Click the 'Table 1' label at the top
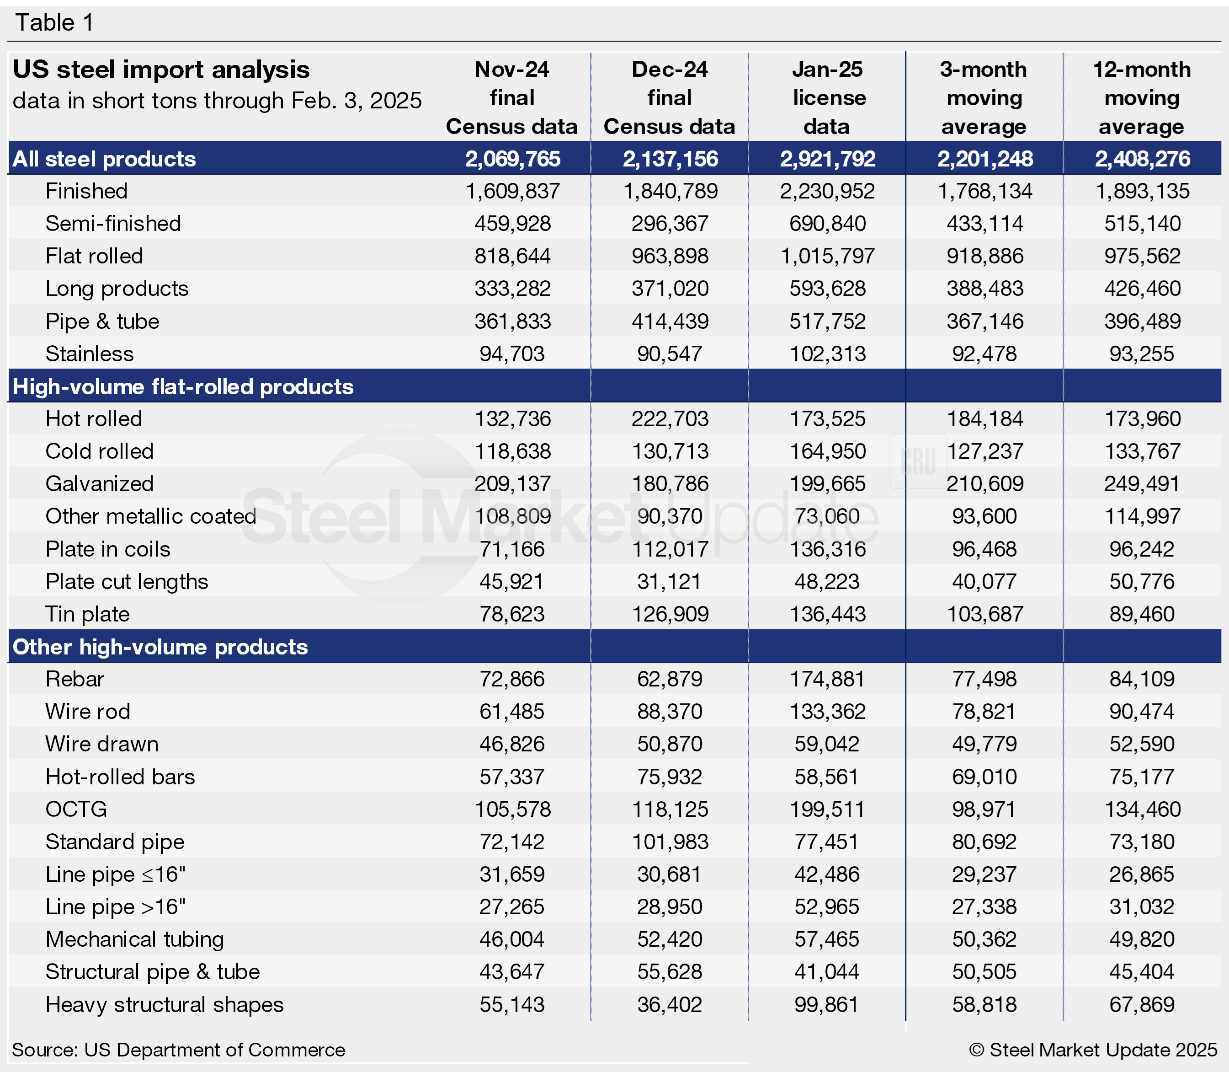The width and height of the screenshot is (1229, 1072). (54, 23)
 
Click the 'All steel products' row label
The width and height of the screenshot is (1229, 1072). (104, 159)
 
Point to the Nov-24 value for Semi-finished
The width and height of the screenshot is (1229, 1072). (512, 224)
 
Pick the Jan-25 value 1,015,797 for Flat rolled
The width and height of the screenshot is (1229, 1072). (827, 256)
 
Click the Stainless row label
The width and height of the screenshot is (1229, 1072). (90, 354)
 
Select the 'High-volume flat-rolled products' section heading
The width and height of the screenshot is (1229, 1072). (183, 386)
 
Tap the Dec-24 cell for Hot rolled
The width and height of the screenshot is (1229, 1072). (670, 419)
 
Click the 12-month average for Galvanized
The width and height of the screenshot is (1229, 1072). (1142, 483)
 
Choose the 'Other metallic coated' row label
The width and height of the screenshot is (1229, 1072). (151, 516)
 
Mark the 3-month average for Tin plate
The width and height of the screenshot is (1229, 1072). (984, 614)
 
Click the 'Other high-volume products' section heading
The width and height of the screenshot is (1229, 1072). (160, 647)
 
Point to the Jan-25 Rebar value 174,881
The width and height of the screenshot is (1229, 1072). (827, 679)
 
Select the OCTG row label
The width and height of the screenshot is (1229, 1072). (76, 809)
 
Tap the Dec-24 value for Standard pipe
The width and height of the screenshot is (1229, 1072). (670, 842)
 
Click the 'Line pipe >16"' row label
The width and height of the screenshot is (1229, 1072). (115, 907)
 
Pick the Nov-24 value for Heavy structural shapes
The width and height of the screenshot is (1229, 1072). (512, 1004)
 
